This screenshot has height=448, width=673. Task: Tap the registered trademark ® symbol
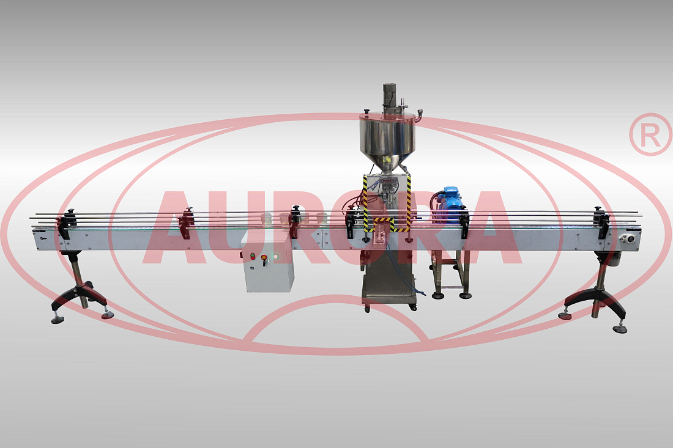tap(651, 134)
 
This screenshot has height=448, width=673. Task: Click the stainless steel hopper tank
tap(387, 141)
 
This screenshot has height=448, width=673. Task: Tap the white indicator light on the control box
tap(275, 257)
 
